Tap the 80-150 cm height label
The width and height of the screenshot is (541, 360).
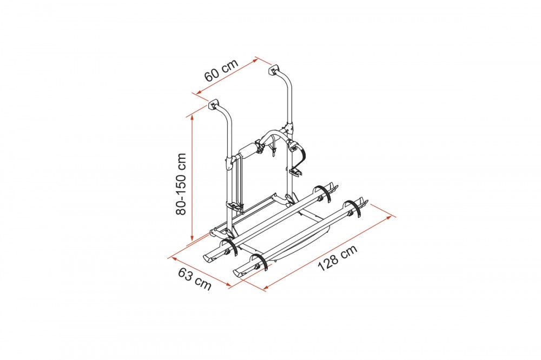[181, 184]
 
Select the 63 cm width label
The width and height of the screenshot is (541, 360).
[195, 279]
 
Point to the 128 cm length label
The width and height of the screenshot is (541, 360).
[338, 258]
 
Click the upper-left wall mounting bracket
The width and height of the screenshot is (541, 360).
[214, 104]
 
